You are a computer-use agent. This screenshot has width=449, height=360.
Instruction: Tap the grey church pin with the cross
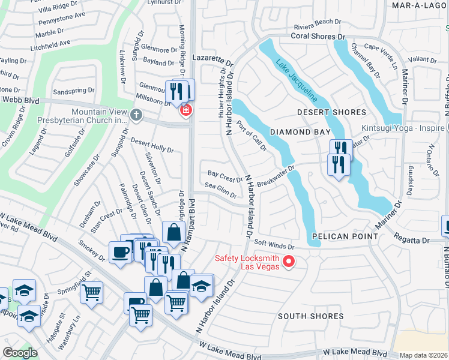pyautogui.click(x=137, y=115)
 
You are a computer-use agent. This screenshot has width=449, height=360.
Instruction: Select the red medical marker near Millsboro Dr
pyautogui.click(x=186, y=109)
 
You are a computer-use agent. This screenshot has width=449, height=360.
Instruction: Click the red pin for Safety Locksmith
pyautogui.click(x=288, y=261)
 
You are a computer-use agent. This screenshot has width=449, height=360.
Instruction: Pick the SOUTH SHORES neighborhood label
pyautogui.click(x=310, y=316)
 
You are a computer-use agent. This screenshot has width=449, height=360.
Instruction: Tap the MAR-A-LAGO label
pyautogui.click(x=417, y=5)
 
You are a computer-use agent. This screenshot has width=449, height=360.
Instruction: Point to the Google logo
pyautogui.click(x=20, y=353)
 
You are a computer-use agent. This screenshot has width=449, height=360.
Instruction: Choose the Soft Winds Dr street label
pyautogui.click(x=274, y=245)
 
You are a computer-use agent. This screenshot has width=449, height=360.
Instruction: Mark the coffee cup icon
pyautogui.click(x=119, y=251)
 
